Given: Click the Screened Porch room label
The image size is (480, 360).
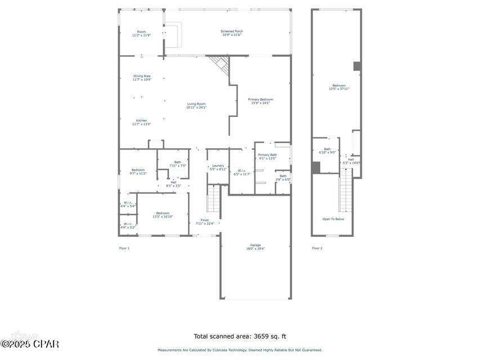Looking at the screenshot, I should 231,33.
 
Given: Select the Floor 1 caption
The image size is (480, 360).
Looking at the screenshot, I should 124,248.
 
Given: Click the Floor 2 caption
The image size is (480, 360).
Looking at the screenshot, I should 317,248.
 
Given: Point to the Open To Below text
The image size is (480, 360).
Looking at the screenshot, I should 333,219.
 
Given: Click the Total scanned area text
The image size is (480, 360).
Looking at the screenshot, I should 240,336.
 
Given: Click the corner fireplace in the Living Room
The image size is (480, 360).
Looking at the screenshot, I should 221,64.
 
